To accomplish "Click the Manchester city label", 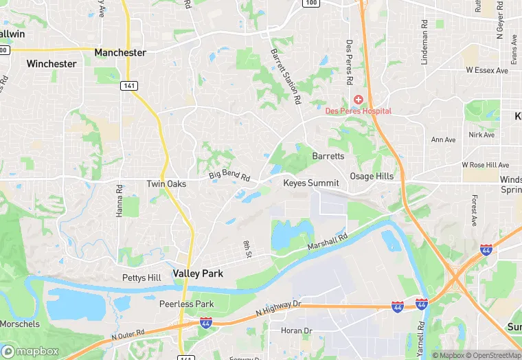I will click(x=120, y=52).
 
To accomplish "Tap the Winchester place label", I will click(x=52, y=64).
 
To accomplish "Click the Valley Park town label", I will click(x=198, y=273).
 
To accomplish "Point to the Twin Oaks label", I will click(x=166, y=183).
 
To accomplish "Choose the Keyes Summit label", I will click(x=311, y=183).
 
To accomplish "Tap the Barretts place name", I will click(x=328, y=157).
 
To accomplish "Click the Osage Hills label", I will click(x=372, y=177).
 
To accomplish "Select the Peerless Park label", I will click(x=186, y=304).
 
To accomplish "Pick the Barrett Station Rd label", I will click(x=286, y=76).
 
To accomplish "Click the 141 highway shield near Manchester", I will click(x=128, y=85).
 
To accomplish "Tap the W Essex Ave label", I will click(x=486, y=70).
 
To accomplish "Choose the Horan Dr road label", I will click(x=297, y=330).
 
